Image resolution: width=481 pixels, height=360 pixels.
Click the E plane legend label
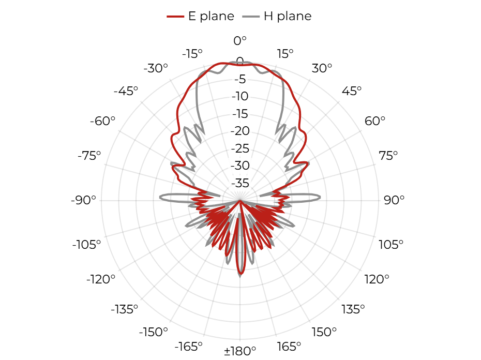tap(211, 16)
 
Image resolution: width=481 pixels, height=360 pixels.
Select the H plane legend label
tap(288, 16)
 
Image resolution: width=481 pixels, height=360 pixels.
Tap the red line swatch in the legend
tap(175, 16)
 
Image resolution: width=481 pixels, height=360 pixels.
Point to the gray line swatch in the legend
tap(251, 16)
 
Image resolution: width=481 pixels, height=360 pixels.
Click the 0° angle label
tap(240, 41)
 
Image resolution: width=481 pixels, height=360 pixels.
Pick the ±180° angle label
tap(240, 351)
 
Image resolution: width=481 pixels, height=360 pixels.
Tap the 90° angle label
tap(394, 200)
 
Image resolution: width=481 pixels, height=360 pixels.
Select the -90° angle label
tap(83, 200)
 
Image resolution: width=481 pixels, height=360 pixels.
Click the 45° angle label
tap(352, 91)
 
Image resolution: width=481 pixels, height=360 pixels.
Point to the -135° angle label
tap(125, 309)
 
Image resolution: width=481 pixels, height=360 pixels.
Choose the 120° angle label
tap(377, 279)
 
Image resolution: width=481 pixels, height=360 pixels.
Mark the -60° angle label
tap(102, 121)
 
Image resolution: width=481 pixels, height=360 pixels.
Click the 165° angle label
tap(289, 347)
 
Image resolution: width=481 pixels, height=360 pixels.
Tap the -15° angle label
tap(192, 54)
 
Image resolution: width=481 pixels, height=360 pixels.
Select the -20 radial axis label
tap(240, 131)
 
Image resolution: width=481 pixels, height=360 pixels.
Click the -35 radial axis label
tap(240, 183)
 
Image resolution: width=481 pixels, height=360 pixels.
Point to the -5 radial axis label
tap(240, 79)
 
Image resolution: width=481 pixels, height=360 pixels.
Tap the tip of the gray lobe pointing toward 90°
tap(320, 198)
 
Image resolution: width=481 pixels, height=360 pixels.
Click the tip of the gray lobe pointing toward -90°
tap(160, 198)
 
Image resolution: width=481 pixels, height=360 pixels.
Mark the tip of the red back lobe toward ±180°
tap(240, 273)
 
